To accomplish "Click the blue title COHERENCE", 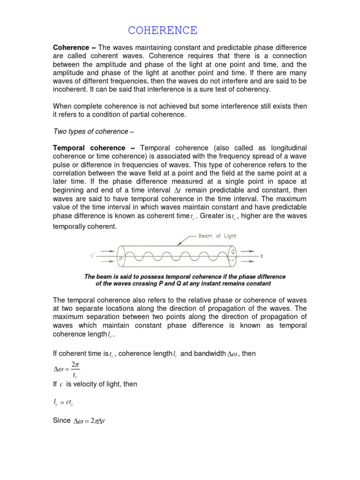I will tap(163, 31).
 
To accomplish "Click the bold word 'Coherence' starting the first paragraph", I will tap(70, 48).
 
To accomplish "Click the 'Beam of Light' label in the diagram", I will tap(217, 236).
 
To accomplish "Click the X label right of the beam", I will tap(262, 256).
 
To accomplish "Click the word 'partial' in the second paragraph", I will tap(153, 114).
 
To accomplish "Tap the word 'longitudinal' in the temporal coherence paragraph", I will tap(286, 148).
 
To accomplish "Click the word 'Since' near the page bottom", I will tap(61, 420).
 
